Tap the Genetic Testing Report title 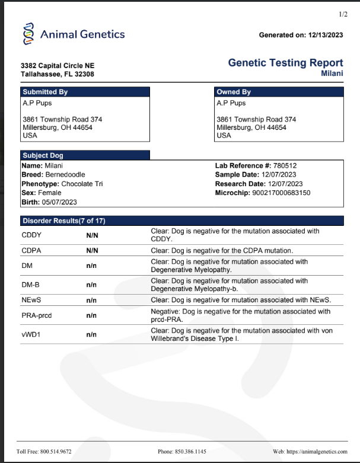285,63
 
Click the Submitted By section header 45,92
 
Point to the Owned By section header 234,92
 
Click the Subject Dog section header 43,155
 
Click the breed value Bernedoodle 65,175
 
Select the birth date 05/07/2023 60,202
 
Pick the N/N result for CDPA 92,251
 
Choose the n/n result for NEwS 91,299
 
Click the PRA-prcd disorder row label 37,315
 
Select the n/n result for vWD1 91,334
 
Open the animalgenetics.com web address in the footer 317,452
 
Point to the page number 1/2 343,14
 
